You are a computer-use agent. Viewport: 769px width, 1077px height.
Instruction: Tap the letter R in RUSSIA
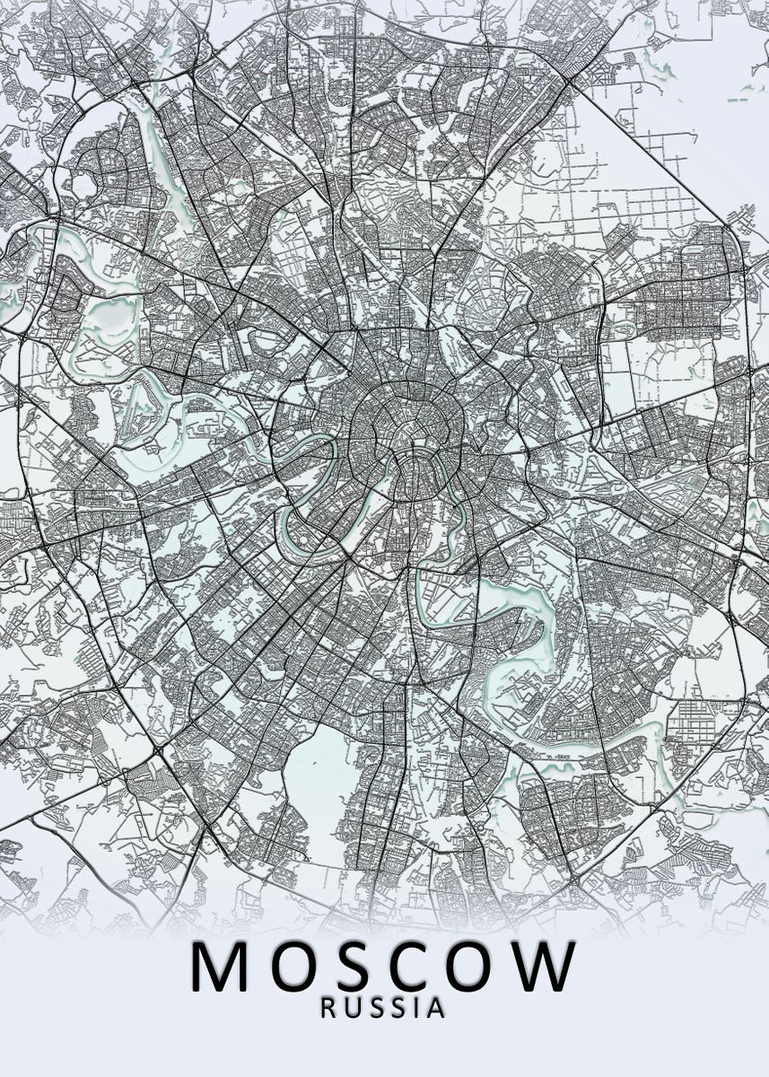pyautogui.click(x=329, y=1007)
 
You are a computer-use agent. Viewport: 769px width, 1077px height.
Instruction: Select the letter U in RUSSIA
pyautogui.click(x=353, y=1007)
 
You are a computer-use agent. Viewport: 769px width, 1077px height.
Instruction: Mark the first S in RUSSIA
pyautogui.click(x=376, y=1007)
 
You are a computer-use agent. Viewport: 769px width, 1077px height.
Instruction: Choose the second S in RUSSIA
pyautogui.click(x=398, y=1007)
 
